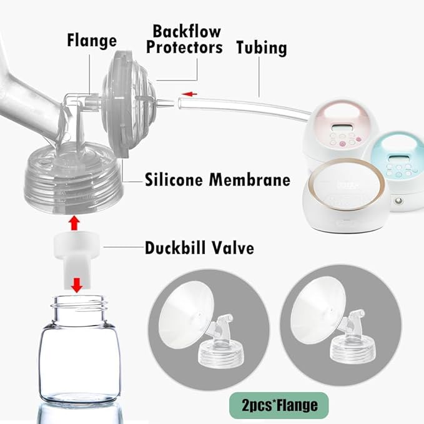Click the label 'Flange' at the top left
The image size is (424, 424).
point(92,41)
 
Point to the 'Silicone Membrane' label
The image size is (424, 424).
point(217,180)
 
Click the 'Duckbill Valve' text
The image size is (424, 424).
point(199,247)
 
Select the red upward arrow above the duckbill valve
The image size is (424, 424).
point(75,222)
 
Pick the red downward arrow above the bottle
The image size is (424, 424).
point(77,285)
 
